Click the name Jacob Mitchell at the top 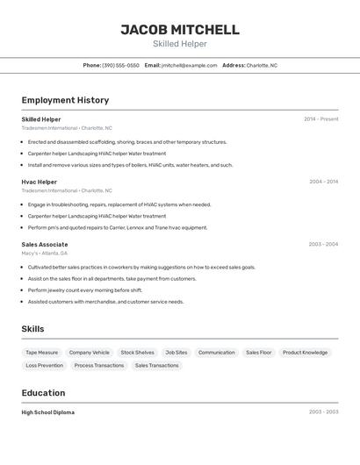180,30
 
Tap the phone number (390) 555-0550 120,65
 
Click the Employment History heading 65,100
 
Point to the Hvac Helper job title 40,182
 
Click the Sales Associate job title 45,245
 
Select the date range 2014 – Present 320,119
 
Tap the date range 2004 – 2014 323,182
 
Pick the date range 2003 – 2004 323,245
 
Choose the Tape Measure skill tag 42,353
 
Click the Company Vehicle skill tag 89,353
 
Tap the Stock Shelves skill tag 137,353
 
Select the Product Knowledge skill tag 305,353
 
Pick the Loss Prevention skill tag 44,365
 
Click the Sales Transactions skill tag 156,365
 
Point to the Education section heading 43,393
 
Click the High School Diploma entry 48,412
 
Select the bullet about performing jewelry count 85,290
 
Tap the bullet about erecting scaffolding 127,142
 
